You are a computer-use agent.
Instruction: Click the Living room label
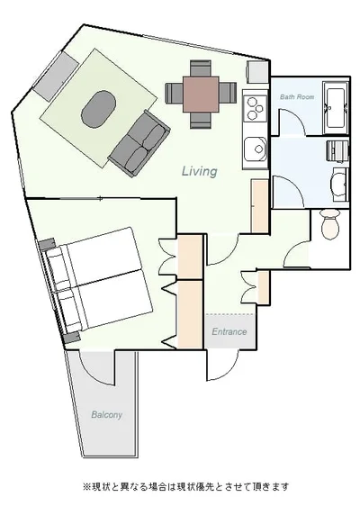coord(200,171)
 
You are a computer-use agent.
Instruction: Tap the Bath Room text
coord(297,97)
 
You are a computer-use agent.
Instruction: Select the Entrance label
coord(229,331)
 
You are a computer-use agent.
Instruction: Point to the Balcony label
coord(107,414)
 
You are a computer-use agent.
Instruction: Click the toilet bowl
coord(329,224)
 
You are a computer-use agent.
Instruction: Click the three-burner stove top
coord(255,107)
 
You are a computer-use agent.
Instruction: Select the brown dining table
coord(201,94)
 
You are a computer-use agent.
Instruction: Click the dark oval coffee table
coord(99,109)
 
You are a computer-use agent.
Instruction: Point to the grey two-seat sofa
coord(139,143)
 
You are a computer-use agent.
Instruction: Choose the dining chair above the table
coord(201,68)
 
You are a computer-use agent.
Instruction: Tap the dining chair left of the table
coord(174,94)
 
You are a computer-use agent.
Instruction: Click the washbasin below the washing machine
coord(339,185)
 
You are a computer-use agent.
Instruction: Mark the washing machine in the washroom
coord(337,150)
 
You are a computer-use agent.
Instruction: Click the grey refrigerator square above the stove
coord(257,72)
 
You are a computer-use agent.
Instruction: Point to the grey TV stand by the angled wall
coord(55,76)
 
